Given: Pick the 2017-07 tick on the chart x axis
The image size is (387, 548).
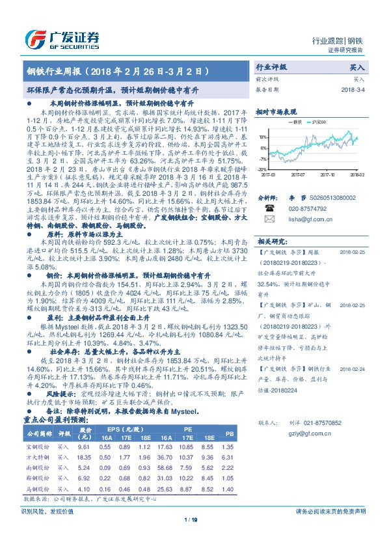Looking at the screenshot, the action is coord(298,174).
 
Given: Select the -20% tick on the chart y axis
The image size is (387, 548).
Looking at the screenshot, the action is coord(262,168).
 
